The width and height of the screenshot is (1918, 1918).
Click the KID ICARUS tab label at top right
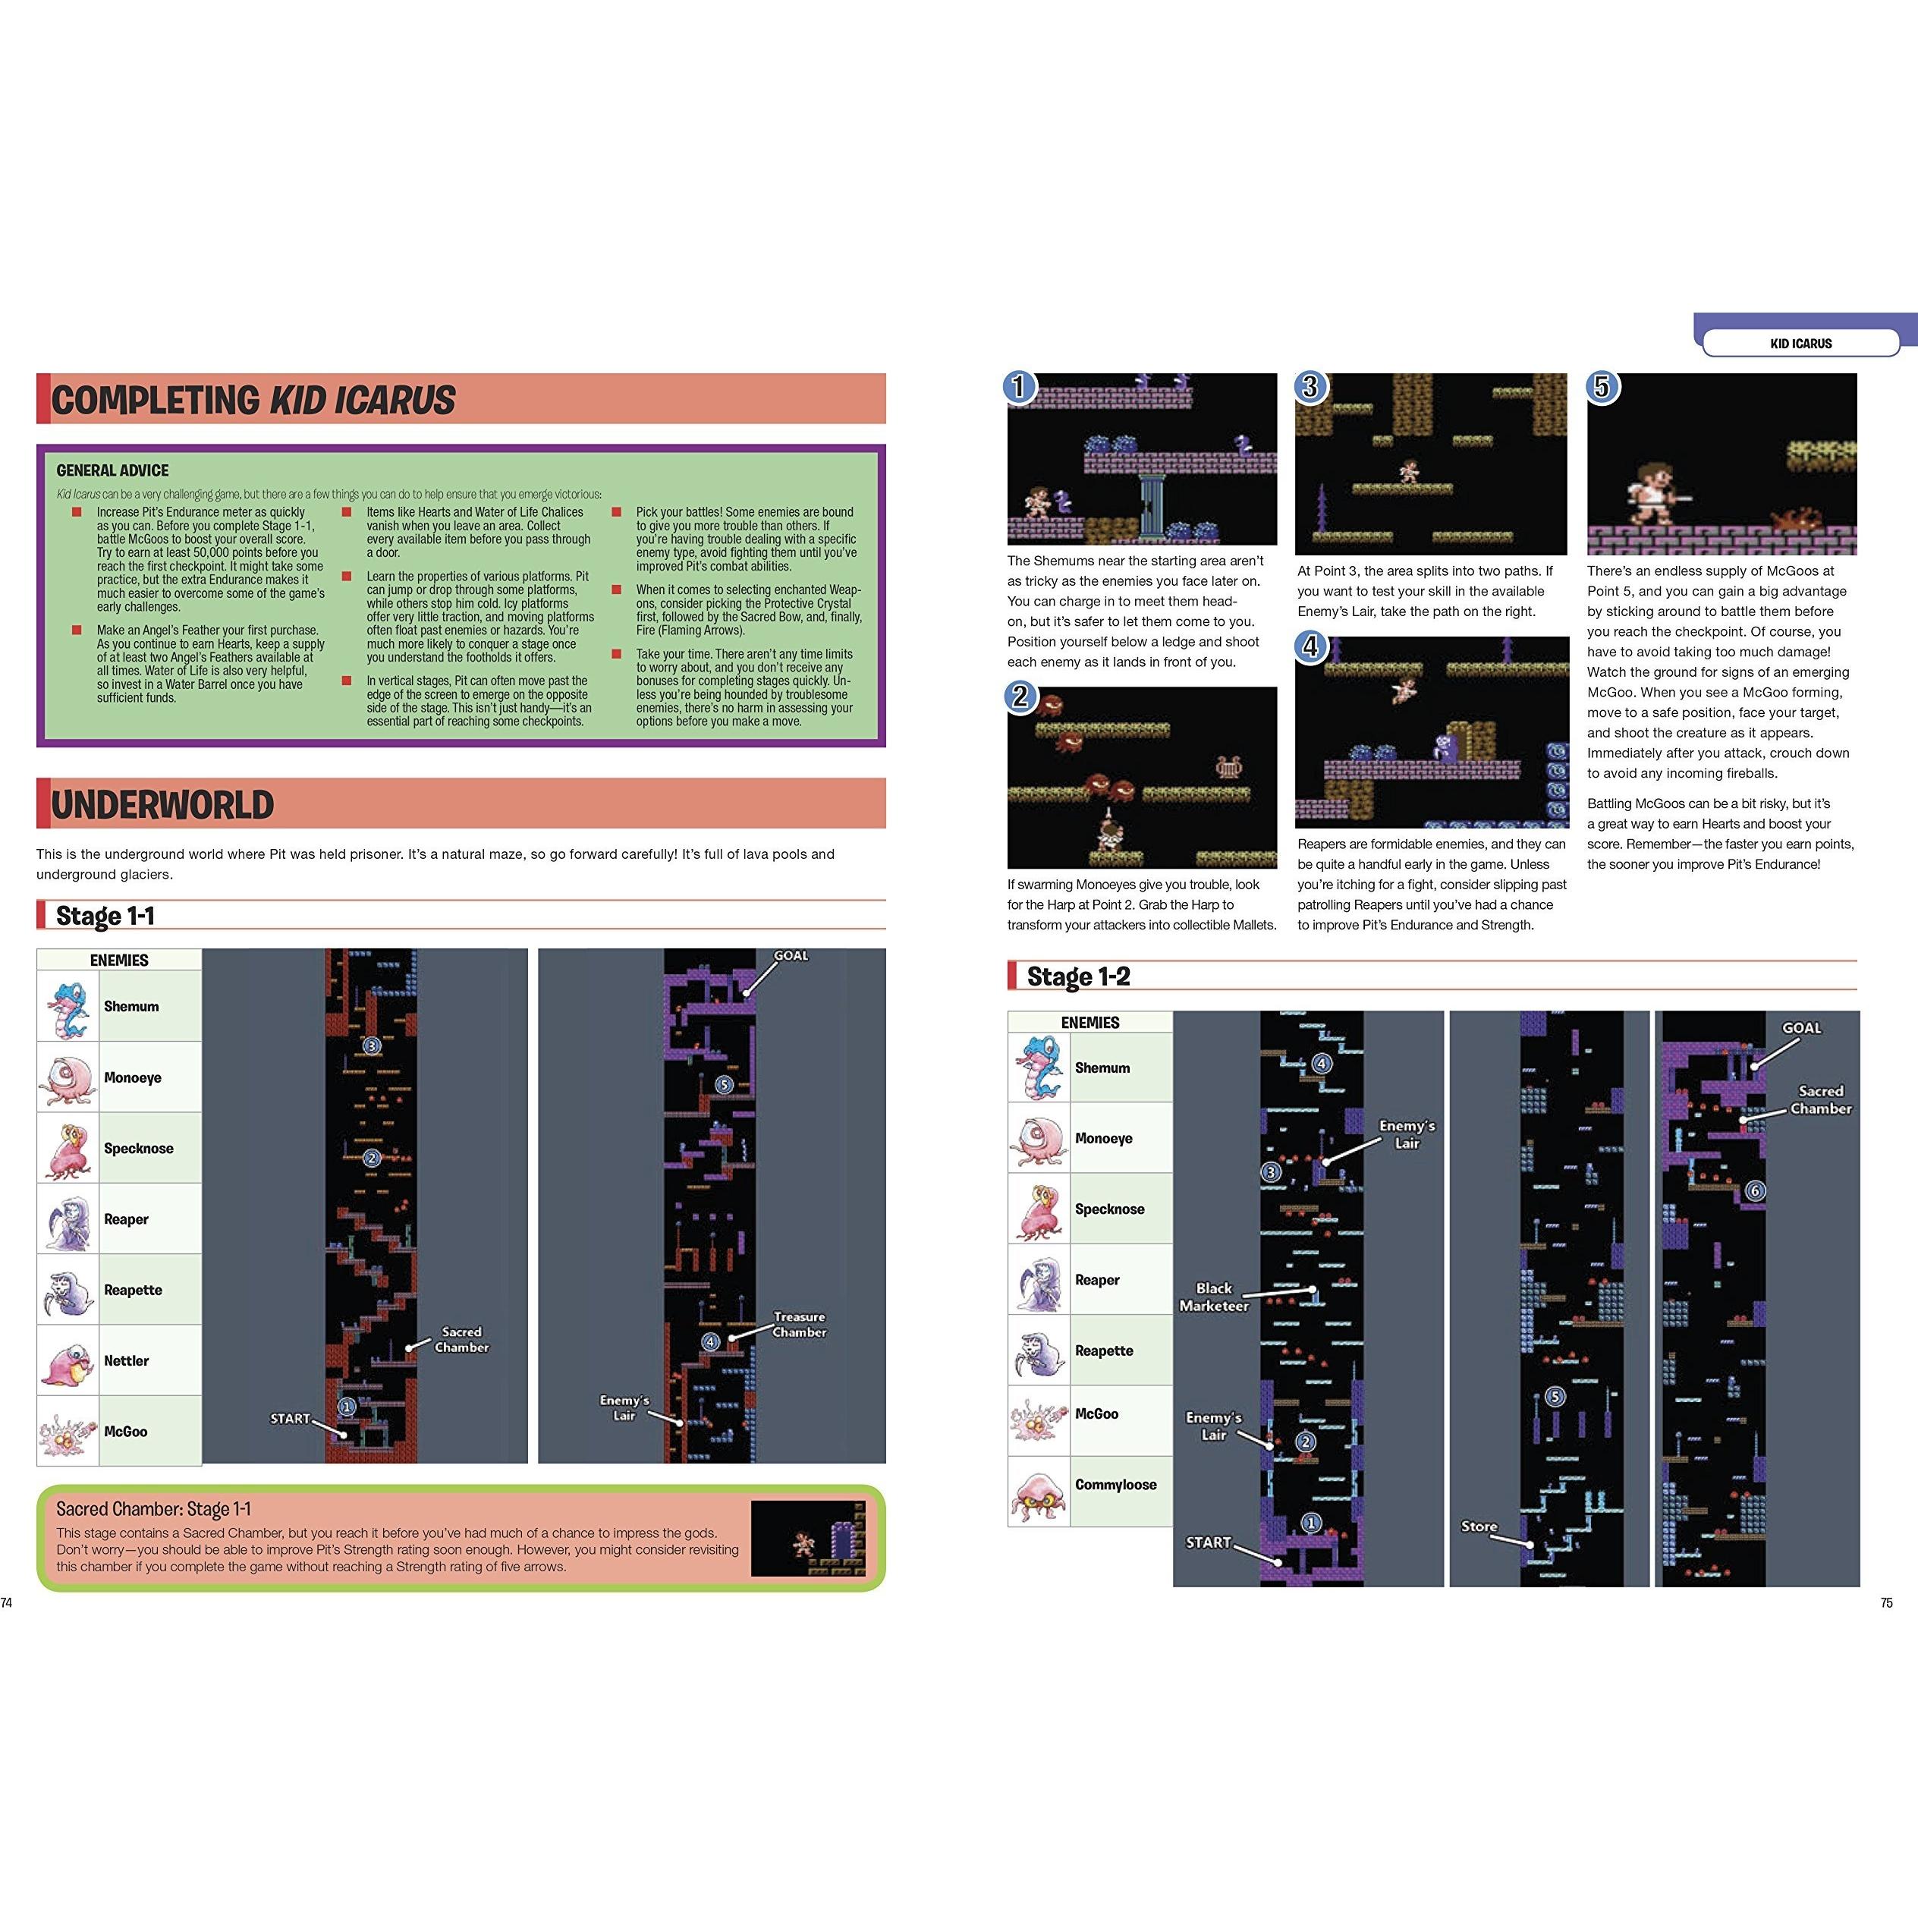[1801, 344]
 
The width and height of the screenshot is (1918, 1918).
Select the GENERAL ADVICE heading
[112, 470]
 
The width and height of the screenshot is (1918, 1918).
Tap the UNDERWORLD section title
[162, 804]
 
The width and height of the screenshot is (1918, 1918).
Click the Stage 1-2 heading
[1078, 977]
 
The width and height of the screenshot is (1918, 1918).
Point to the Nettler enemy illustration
[68, 1360]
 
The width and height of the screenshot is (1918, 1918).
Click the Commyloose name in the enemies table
[1115, 1484]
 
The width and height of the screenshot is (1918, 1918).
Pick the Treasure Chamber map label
[799, 1325]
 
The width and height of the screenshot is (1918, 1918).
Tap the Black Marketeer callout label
[1213, 1297]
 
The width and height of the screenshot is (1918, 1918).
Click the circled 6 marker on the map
[1754, 1191]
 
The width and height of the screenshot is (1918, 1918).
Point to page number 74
[7, 1602]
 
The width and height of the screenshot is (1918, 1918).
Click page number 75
[1886, 1602]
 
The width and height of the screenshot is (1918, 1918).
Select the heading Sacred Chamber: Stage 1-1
[153, 1509]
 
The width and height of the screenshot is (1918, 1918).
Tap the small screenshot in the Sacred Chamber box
[808, 1538]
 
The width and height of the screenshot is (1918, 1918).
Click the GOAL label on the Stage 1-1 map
[791, 956]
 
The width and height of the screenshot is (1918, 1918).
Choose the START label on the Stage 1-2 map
[1208, 1542]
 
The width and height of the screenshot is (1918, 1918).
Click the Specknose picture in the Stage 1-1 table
[68, 1149]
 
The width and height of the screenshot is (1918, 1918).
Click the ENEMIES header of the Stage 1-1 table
[119, 960]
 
